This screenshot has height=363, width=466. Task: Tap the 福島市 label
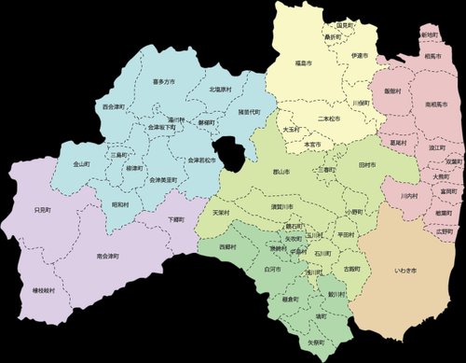(303, 63)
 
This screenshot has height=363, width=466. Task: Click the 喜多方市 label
(163, 82)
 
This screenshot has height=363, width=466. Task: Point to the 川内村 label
(407, 197)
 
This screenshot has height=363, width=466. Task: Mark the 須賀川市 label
(281, 205)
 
